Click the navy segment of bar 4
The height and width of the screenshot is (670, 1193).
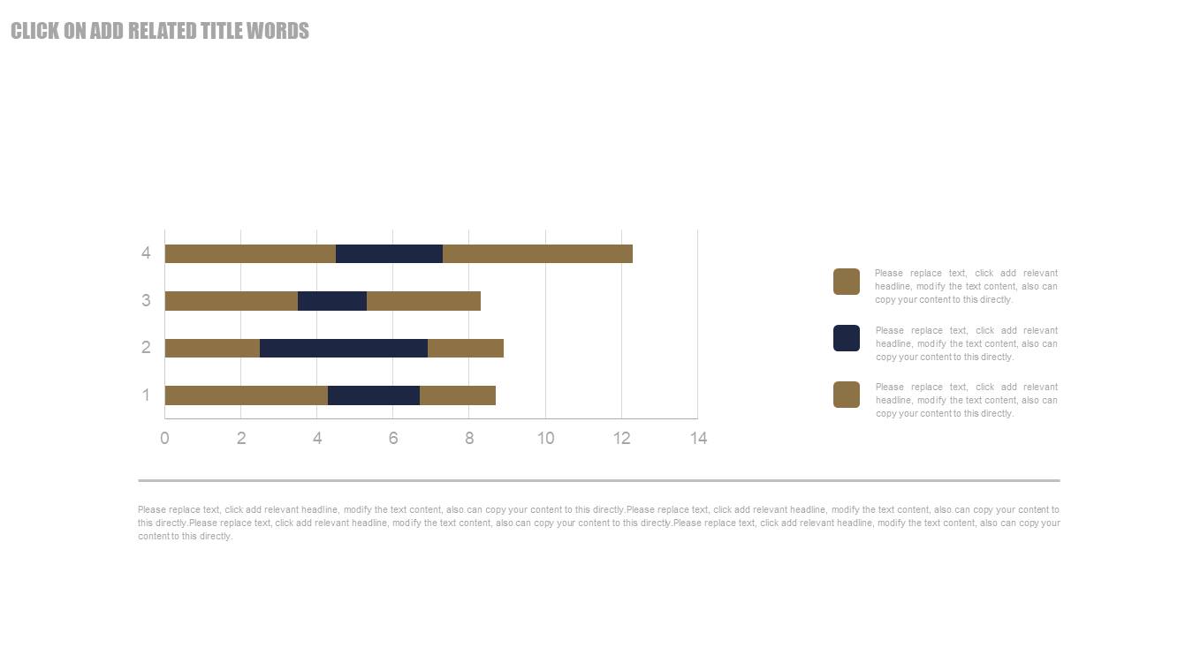coord(389,254)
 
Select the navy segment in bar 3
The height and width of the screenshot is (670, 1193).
coord(332,301)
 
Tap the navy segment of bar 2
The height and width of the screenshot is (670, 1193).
coord(344,348)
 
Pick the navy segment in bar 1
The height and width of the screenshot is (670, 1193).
coord(374,395)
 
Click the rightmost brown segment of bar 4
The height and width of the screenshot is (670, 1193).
coord(537,254)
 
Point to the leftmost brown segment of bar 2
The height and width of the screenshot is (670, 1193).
coord(212,348)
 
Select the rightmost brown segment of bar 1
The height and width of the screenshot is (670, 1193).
coord(458,395)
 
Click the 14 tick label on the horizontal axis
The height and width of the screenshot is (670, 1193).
coord(698,439)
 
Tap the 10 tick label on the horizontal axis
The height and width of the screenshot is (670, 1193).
coord(545,439)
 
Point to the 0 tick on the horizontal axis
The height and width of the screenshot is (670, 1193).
coord(164,439)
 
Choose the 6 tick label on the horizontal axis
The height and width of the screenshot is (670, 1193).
coord(393,439)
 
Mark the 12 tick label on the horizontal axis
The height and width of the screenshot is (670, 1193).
coord(621,439)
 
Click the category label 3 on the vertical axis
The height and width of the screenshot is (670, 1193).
coord(146,301)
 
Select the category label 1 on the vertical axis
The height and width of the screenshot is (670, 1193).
coord(146,395)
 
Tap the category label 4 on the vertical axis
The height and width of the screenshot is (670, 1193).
coord(146,254)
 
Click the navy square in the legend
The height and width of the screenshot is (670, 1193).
coord(847,338)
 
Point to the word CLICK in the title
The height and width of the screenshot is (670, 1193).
coord(35,32)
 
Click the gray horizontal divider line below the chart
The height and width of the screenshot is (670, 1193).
coord(598,480)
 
